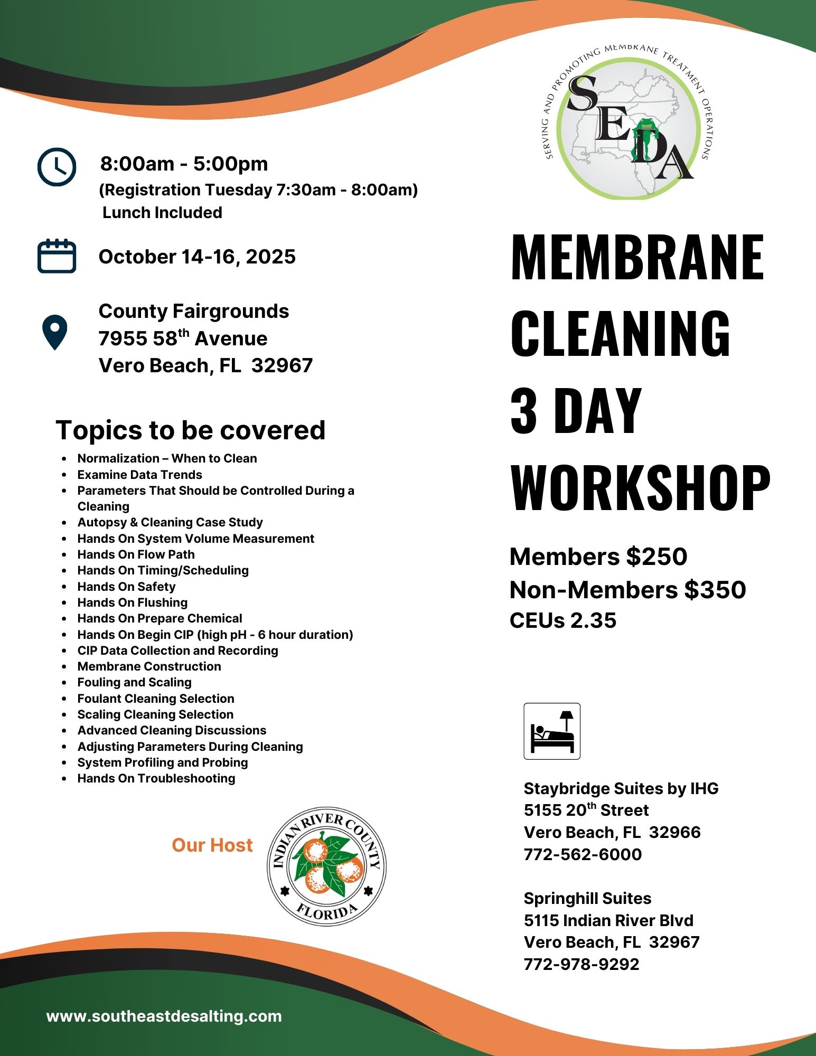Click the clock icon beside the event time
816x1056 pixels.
click(57, 167)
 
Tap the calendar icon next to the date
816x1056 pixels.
click(57, 256)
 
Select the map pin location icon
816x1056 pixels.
click(54, 332)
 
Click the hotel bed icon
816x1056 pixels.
click(552, 731)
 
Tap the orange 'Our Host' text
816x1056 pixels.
click(212, 845)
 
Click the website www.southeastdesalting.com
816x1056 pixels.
click(164, 1016)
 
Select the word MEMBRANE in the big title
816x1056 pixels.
click(637, 257)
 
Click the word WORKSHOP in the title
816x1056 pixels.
click(640, 488)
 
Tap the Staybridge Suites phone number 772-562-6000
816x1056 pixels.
click(583, 854)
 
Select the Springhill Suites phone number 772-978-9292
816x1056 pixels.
click(581, 964)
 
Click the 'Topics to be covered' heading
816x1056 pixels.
click(190, 430)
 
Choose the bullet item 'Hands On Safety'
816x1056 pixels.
click(126, 587)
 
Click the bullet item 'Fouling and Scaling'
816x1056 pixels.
click(134, 682)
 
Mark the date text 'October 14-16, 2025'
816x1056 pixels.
click(197, 257)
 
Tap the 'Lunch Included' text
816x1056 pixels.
click(162, 212)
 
